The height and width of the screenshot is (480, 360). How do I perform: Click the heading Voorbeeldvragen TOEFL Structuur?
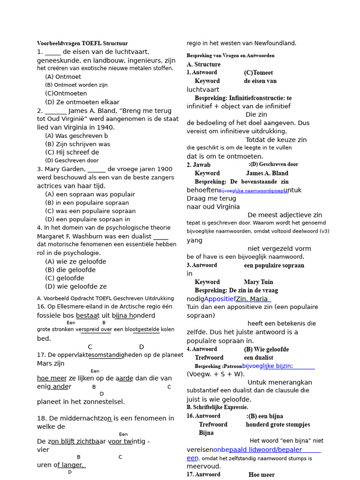tap(82, 43)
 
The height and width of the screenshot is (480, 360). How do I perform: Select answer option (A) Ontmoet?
tap(63, 77)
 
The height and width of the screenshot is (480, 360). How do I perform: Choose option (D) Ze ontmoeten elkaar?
tap(82, 102)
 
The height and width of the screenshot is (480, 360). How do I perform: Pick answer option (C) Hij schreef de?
tap(72, 152)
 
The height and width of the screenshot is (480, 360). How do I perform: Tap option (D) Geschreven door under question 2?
tap(72, 160)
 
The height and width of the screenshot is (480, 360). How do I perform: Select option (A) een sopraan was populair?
tap(90, 194)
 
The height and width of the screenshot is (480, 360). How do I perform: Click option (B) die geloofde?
tap(70, 270)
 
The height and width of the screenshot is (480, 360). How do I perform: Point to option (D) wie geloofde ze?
tap(75, 287)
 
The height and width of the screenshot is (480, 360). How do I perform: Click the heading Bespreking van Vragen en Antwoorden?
tap(231, 55)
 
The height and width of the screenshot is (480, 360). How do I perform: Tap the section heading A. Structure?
tap(203, 64)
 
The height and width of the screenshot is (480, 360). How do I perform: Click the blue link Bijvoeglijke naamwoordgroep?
tap(251, 191)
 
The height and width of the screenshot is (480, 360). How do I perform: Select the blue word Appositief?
tap(220, 299)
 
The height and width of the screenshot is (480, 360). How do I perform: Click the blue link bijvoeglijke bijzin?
tap(267, 366)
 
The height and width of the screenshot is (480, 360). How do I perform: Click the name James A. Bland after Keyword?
tap(267, 173)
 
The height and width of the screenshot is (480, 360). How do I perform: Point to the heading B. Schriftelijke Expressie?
tap(217, 407)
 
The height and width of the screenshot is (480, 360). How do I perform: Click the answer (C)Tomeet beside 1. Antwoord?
tap(258, 73)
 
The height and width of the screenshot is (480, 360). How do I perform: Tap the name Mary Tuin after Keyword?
tap(258, 282)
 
